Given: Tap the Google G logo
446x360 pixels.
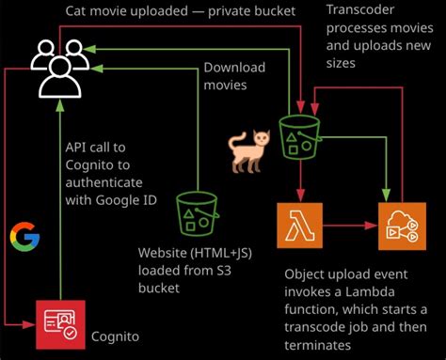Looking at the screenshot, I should (x=24, y=236).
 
